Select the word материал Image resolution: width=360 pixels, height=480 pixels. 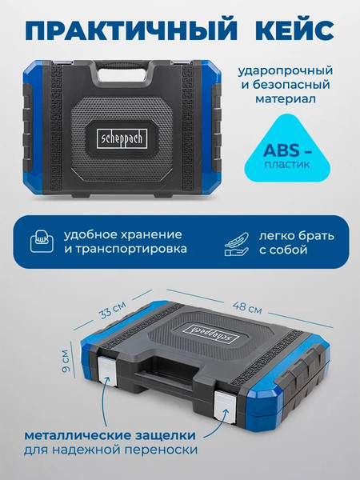[284, 99]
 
